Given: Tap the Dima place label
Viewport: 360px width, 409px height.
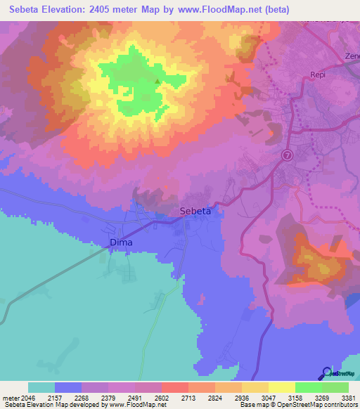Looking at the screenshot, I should click(x=121, y=243).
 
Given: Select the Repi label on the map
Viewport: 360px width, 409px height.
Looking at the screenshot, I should click(x=320, y=74).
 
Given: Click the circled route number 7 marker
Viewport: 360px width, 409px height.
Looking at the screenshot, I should click(x=287, y=155).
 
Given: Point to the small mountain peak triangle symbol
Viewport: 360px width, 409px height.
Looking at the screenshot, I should click(x=157, y=82).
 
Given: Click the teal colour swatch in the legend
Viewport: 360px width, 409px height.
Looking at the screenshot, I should click(x=41, y=387).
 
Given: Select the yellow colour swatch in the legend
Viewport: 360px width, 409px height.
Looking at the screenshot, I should click(x=281, y=387).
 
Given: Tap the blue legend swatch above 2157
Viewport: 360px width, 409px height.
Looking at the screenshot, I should click(x=68, y=387).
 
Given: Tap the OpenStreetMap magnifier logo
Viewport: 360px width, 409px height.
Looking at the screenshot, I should click(x=326, y=373).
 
